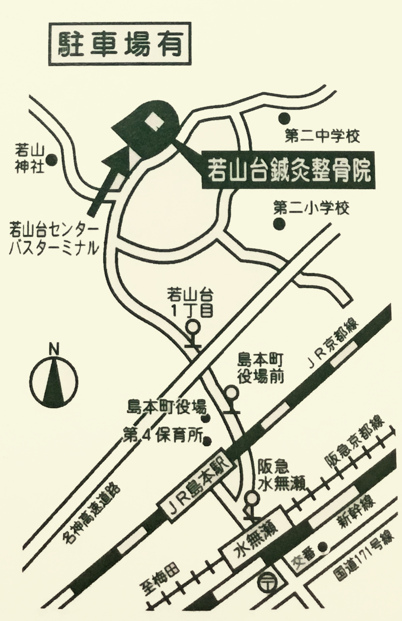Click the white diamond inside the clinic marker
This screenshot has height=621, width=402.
(155, 120)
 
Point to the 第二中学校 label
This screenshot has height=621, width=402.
(322, 137)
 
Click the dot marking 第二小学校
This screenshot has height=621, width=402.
(279, 224)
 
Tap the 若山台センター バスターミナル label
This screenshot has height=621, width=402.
(54, 240)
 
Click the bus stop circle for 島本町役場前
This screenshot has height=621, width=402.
(231, 393)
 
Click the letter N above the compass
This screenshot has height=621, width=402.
(54, 349)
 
